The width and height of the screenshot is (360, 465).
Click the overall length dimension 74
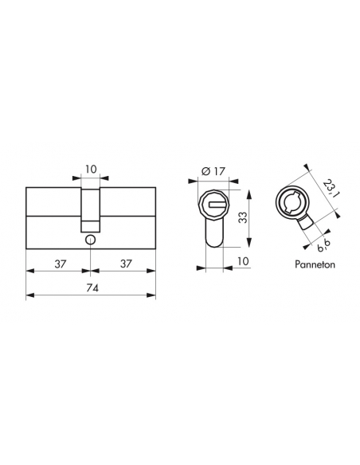pos(92,288)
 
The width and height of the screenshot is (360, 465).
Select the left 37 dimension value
pos(61,264)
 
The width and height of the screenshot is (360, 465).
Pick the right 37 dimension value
pos(126,264)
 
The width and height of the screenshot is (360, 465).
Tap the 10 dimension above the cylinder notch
pos(91,169)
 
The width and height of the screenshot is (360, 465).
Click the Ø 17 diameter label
pos(213,171)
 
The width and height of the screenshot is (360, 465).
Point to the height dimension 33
pos(243,217)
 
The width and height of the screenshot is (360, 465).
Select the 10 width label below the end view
pos(243,261)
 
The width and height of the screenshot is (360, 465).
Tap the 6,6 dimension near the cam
pos(323,245)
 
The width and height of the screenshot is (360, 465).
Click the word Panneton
pos(315,264)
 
